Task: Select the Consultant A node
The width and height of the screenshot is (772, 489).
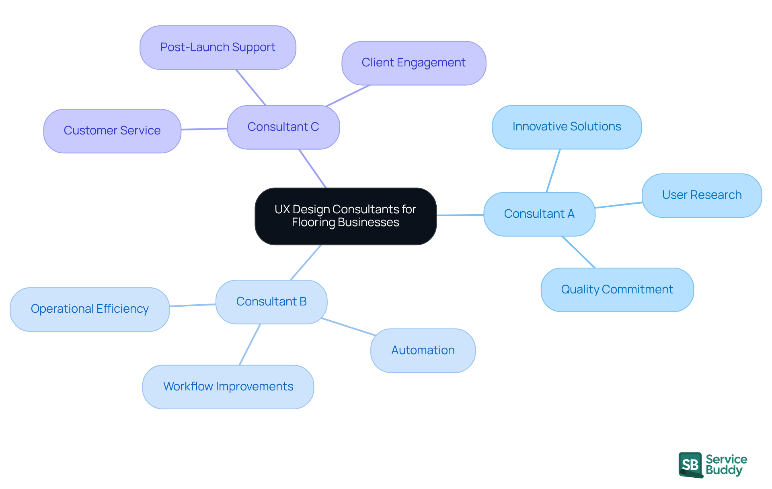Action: tap(539, 214)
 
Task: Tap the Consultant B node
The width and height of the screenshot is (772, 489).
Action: tap(271, 301)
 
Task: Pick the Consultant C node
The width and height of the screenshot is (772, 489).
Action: tap(283, 127)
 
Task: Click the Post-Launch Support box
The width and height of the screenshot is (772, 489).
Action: tap(218, 47)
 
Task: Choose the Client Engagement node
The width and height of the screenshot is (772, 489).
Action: tap(413, 63)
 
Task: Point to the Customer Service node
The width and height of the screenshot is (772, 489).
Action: tap(112, 130)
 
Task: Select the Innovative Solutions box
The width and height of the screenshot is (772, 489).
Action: tap(567, 127)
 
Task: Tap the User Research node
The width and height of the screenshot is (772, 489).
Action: tap(702, 195)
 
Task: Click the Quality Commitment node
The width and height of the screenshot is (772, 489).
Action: tap(617, 289)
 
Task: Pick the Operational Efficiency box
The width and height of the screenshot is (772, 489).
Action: tap(89, 309)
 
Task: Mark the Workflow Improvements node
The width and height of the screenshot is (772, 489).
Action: tap(228, 386)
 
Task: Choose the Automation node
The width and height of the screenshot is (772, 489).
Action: tap(423, 350)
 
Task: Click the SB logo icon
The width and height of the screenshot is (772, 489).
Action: tap(690, 465)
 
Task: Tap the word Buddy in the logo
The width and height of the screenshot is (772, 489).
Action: tap(724, 470)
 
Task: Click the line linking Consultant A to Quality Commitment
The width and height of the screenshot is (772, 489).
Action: tap(578, 252)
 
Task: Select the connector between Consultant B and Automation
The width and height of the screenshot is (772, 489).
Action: tap(349, 327)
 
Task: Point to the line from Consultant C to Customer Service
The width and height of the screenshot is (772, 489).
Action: tap(204, 129)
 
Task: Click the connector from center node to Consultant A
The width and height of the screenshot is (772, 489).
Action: tap(460, 215)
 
